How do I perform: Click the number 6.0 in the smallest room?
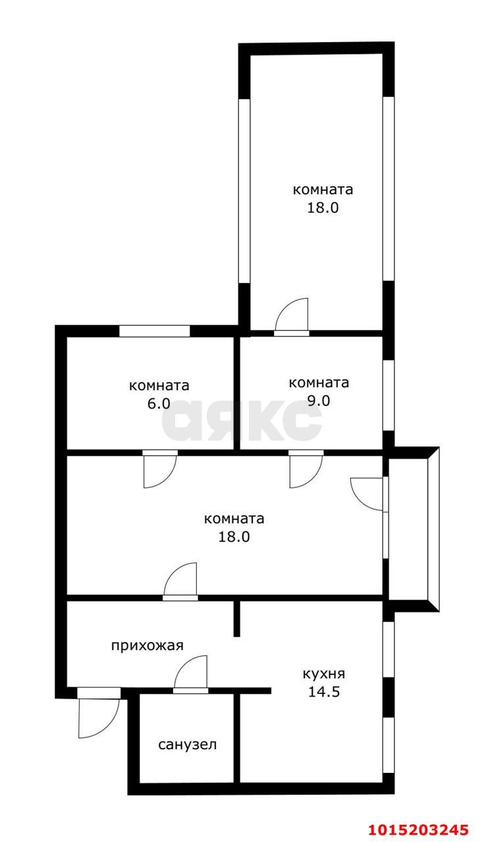pos(159,404)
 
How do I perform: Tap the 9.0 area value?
pos(318,401)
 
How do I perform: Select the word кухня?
pos(323,674)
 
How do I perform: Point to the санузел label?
pos(187,745)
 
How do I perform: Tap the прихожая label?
pos(146,645)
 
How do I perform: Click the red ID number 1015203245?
pos(419,828)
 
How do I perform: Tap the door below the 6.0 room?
pos(159,470)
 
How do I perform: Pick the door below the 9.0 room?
pos(305,470)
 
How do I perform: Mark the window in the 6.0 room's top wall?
pos(154,331)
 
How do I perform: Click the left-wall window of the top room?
pos(244,191)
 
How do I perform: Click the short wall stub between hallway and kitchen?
pos(237,618)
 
